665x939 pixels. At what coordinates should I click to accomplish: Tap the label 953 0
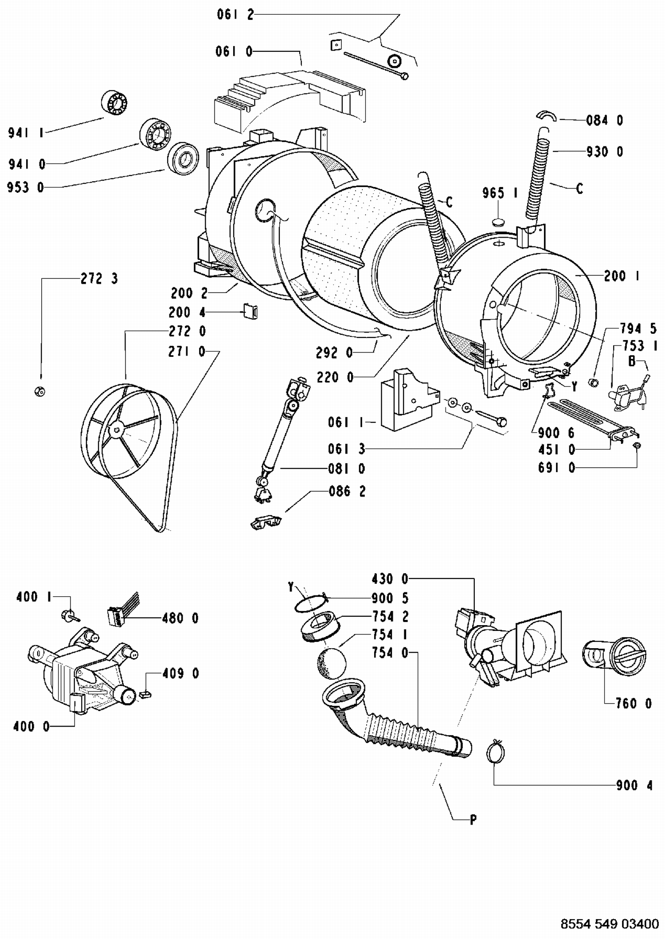[x=26, y=188]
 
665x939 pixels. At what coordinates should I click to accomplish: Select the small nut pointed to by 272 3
[x=40, y=391]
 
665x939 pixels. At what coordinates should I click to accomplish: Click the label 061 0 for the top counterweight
[x=234, y=52]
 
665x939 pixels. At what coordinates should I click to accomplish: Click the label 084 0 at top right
[x=605, y=120]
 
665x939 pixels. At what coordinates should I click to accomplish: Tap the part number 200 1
[x=622, y=276]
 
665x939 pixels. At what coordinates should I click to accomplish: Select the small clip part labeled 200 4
[x=251, y=311]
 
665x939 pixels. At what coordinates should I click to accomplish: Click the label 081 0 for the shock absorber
[x=347, y=469]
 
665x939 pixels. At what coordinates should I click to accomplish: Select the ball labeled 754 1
[x=331, y=663]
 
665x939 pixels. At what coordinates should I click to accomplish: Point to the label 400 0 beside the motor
[x=31, y=726]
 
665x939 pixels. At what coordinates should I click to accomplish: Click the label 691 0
[x=556, y=468]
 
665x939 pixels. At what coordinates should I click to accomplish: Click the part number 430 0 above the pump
[x=390, y=579]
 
